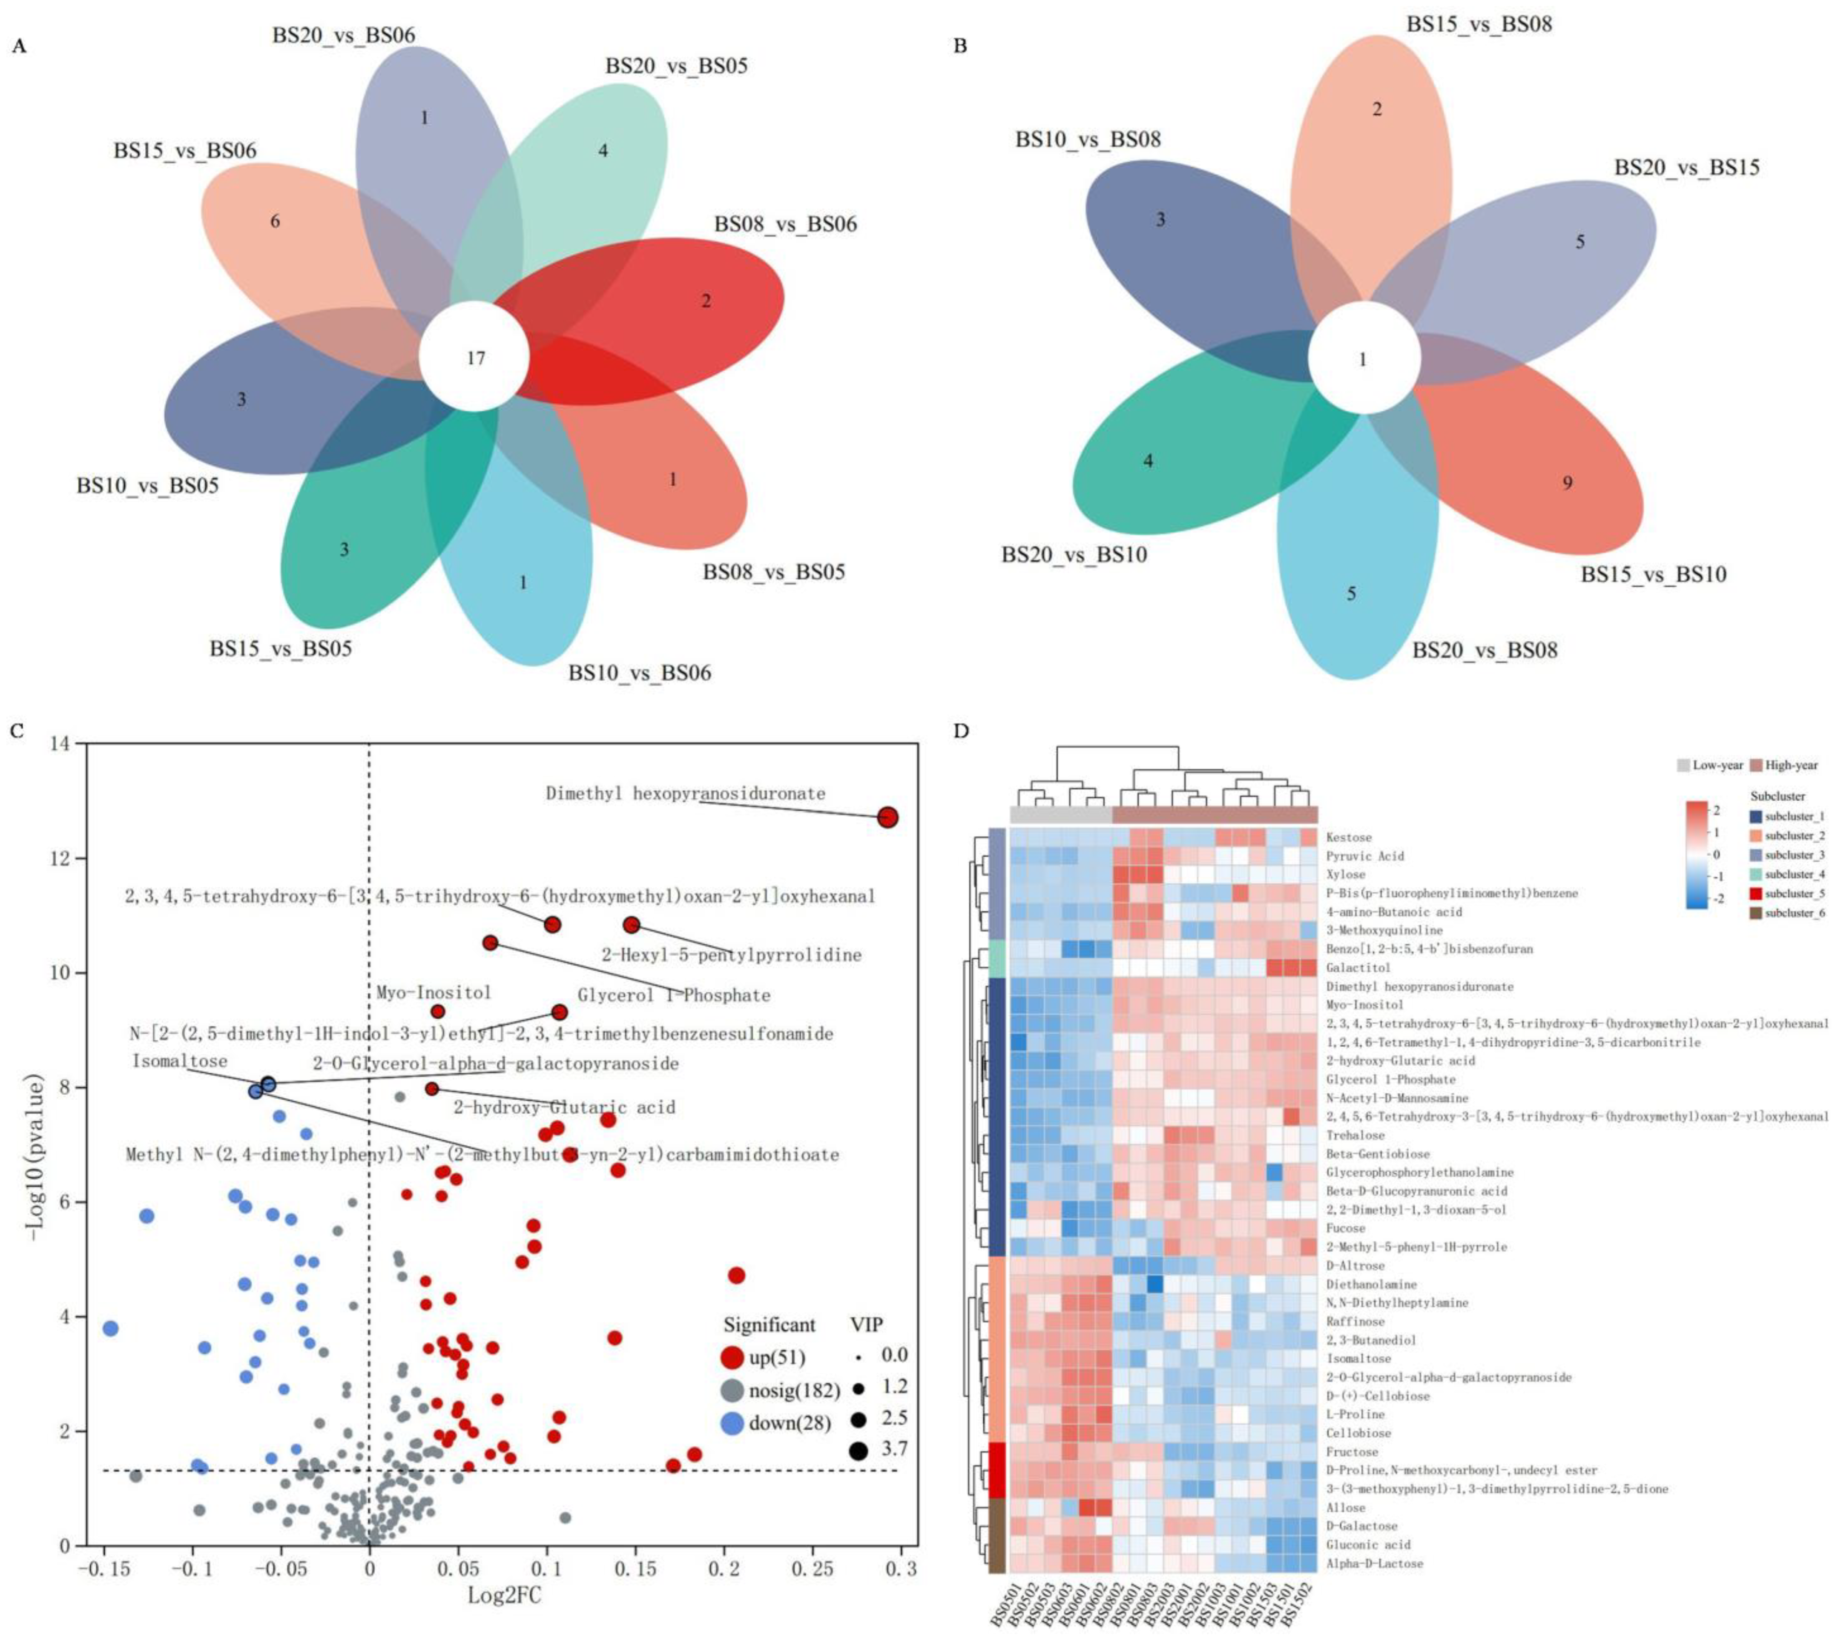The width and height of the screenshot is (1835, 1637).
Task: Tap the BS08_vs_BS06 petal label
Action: point(785,224)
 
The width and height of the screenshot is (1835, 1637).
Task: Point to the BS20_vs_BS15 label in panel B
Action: point(1686,167)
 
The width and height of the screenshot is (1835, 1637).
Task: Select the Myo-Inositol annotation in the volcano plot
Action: point(434,992)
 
